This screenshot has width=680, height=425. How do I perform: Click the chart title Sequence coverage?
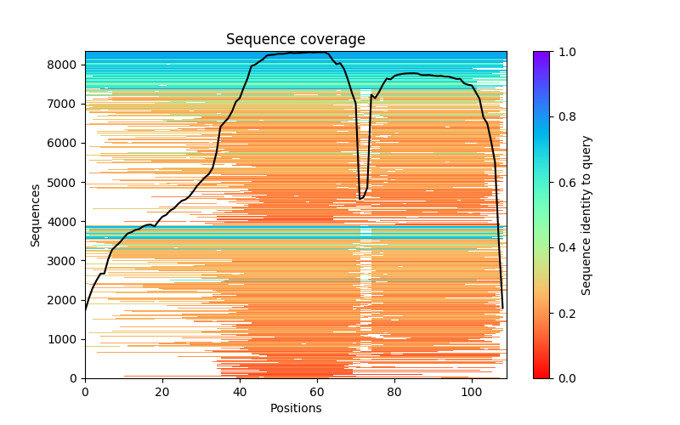coord(295,40)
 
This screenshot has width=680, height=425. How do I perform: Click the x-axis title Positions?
coord(295,408)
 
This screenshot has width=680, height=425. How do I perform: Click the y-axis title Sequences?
coord(36,214)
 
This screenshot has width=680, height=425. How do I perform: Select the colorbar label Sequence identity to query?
coord(586,214)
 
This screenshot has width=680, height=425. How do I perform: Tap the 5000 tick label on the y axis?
coord(65,183)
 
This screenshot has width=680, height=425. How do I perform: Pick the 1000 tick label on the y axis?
coord(65,339)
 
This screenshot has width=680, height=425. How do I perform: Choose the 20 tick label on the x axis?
coord(162,392)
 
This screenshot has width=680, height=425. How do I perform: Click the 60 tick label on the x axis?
coord(317,392)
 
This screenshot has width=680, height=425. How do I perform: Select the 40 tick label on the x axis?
coord(240,392)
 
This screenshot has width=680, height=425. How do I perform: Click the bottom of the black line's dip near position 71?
coord(360,199)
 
